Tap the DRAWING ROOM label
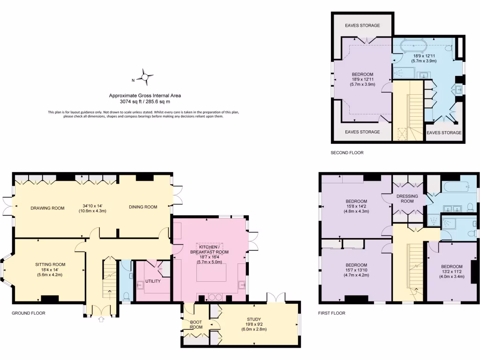[x=47, y=208]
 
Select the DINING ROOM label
[x=143, y=207]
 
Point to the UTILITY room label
[x=153, y=281]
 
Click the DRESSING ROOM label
[x=407, y=199]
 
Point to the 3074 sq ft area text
[x=144, y=101]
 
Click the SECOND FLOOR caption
[x=347, y=153]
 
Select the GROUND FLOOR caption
[x=29, y=313]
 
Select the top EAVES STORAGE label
[x=362, y=25]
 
